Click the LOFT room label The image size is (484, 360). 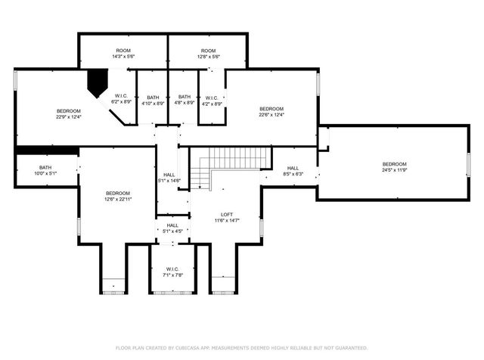[x=226, y=214]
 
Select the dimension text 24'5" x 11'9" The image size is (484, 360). [x=394, y=171]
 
